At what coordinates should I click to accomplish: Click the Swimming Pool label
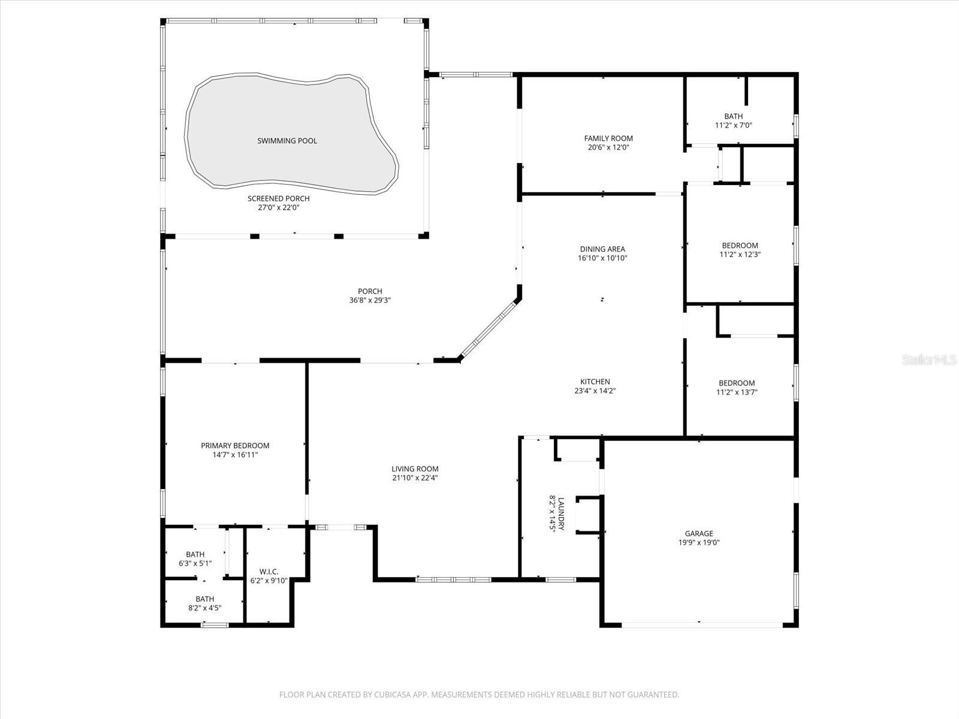point(287,141)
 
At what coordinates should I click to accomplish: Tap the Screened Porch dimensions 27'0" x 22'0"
point(279,208)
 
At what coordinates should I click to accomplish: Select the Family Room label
point(608,138)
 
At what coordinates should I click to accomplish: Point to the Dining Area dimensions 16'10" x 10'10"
point(602,258)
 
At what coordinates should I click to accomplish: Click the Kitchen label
point(595,382)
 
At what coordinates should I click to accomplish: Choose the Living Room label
point(415,469)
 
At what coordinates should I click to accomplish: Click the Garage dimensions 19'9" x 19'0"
point(699,543)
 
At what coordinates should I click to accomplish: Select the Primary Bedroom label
point(235,446)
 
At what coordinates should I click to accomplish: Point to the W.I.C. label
point(269,572)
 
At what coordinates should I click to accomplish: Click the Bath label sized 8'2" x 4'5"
point(204,599)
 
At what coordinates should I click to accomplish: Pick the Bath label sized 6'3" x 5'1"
point(195,555)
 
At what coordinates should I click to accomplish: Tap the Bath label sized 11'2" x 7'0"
point(733,116)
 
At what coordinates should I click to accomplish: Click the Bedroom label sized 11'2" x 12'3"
point(740,245)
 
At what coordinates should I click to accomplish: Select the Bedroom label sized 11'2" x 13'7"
point(737,383)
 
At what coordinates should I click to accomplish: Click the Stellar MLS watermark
point(930,360)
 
